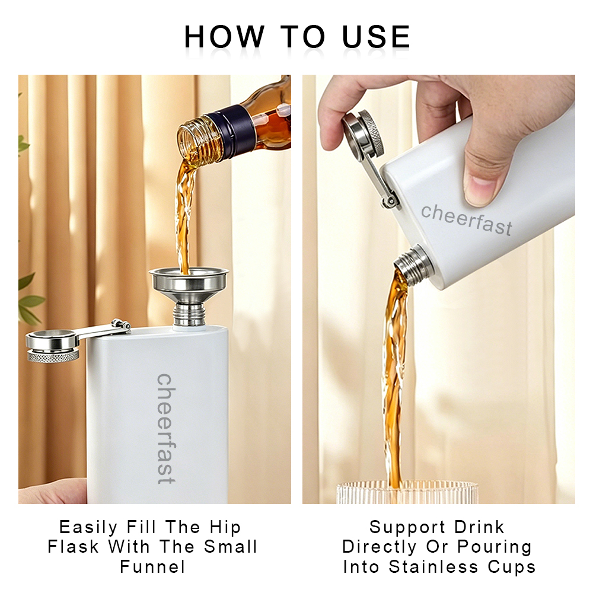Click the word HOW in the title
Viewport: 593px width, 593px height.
point(224,37)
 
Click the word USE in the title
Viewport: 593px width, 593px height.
point(376,37)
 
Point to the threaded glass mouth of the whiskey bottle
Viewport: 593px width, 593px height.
point(196,141)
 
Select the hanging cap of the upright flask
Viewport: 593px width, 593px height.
point(53,346)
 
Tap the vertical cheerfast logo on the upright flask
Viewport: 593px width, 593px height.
point(166,429)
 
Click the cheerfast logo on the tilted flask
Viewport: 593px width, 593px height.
point(467,220)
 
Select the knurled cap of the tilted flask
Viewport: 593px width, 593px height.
point(364,133)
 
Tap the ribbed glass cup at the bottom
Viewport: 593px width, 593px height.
point(407,492)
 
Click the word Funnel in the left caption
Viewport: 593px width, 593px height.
point(152,567)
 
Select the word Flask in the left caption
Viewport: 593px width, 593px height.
point(73,547)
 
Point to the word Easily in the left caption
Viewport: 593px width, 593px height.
point(88,528)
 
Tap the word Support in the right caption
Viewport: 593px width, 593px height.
point(407,528)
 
